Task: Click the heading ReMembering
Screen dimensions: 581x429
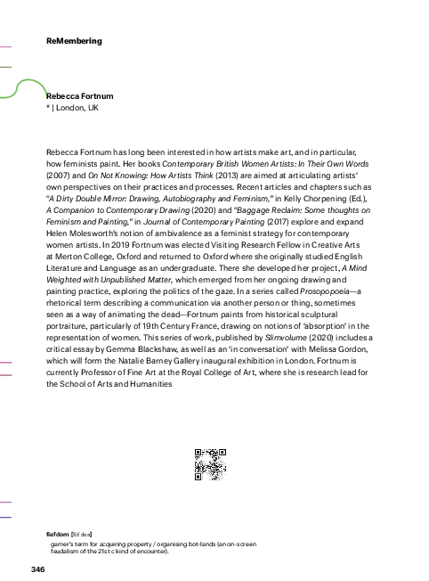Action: [x=74, y=41]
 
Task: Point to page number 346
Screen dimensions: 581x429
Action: [x=37, y=569]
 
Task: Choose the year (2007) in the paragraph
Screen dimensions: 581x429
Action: [x=61, y=177]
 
